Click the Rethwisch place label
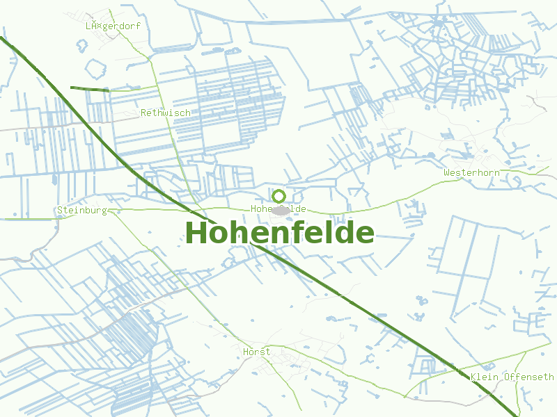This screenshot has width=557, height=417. click(x=165, y=113)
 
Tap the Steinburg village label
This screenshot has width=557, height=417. click(x=81, y=210)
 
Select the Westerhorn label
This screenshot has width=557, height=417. click(x=471, y=172)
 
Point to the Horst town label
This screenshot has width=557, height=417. click(x=256, y=352)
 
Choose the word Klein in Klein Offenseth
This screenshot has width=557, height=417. click(x=485, y=377)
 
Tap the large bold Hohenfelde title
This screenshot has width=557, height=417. click(x=279, y=233)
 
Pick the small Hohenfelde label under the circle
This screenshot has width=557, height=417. click(x=278, y=208)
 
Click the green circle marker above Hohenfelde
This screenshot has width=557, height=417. click(x=278, y=196)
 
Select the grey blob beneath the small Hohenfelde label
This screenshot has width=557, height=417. click(x=281, y=210)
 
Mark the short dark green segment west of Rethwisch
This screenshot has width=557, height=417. click(x=90, y=89)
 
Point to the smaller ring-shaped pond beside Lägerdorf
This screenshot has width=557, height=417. click(x=82, y=46)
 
